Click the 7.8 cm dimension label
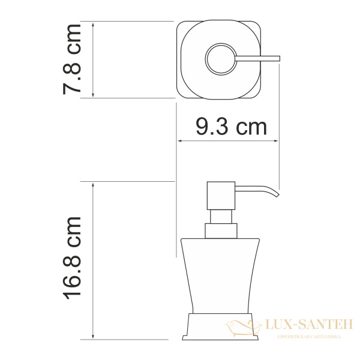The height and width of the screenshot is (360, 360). [x=73, y=60]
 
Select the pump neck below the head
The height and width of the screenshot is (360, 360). [x=220, y=217]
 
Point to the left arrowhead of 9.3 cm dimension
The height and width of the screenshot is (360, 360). [x=179, y=142]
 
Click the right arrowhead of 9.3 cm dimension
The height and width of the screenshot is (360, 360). [x=278, y=142]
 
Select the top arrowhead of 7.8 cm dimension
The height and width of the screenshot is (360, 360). [x=94, y=25]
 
